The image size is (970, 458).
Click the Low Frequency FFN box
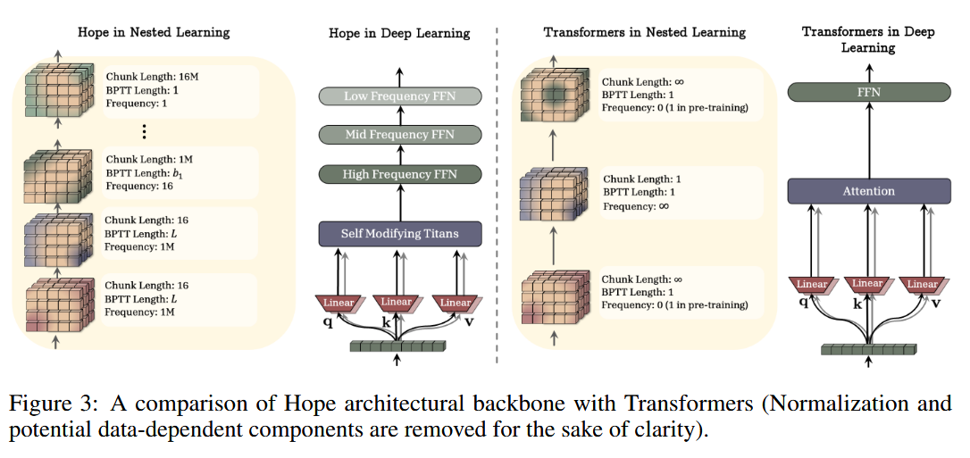pyautogui.click(x=399, y=96)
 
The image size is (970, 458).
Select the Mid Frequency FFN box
pyautogui.click(x=399, y=135)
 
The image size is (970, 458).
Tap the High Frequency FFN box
pyautogui.click(x=399, y=174)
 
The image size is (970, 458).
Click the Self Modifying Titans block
pyautogui.click(x=399, y=234)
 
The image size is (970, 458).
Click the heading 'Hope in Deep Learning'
pyautogui.click(x=399, y=33)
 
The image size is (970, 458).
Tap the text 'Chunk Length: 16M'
pyautogui.click(x=152, y=77)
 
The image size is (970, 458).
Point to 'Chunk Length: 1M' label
pyautogui.click(x=148, y=160)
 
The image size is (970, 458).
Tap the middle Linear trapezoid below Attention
pyautogui.click(x=867, y=285)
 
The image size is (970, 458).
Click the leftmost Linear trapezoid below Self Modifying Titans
pyautogui.click(x=339, y=303)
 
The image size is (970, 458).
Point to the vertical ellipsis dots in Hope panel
pyautogui.click(x=144, y=131)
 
